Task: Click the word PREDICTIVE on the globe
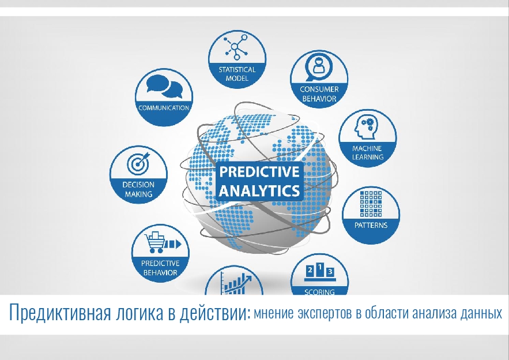pos(259,171)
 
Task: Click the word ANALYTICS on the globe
pos(259,191)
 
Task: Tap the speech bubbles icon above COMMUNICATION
pos(164,87)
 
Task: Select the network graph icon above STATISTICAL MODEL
pos(236,48)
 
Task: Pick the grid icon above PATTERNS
pos(371,204)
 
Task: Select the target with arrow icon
pos(138,163)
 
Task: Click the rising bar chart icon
pos(236,282)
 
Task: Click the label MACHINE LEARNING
pos(367,153)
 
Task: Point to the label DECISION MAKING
pos(138,189)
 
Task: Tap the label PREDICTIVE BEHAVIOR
pos(160,268)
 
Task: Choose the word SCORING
pos(319,292)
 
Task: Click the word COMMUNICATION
pos(164,108)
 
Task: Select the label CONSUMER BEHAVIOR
pos(319,94)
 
